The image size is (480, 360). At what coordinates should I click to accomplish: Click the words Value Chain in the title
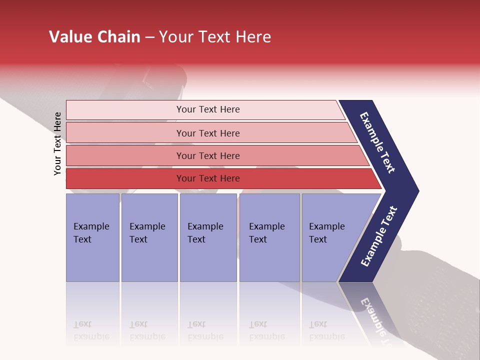[x=94, y=37]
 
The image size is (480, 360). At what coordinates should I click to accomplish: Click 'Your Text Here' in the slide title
[x=215, y=37]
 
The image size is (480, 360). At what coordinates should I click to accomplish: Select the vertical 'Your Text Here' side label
[x=57, y=143]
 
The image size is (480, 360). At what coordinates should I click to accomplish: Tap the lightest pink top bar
[x=125, y=110]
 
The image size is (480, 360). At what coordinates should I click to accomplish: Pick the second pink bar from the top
[x=125, y=133]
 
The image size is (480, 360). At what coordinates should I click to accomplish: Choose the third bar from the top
[x=125, y=155]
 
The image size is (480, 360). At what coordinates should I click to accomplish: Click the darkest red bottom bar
[x=125, y=178]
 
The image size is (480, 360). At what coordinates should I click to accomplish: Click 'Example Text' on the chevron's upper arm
[x=377, y=142]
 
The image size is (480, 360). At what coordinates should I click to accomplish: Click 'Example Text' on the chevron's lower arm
[x=378, y=236]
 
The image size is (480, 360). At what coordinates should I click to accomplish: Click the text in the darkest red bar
[x=208, y=178]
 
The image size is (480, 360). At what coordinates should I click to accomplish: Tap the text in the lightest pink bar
[x=208, y=109]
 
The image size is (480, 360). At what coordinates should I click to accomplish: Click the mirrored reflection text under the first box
[x=91, y=330]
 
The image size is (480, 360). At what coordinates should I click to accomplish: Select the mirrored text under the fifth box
[x=326, y=330]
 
